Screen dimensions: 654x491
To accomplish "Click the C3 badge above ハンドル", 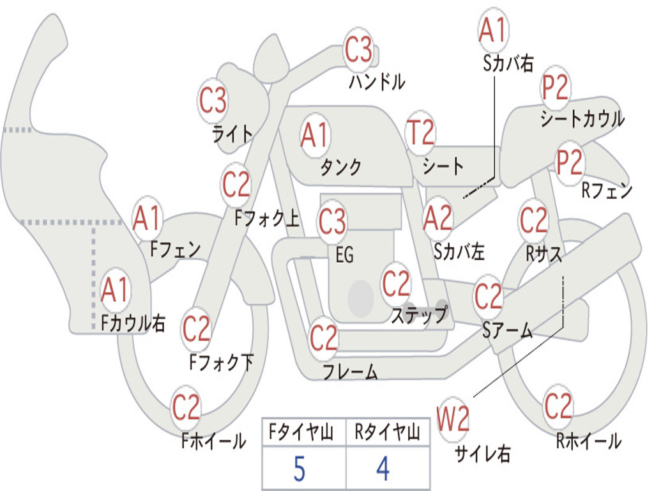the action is [x=358, y=50].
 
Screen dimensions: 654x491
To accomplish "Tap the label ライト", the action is [x=232, y=134].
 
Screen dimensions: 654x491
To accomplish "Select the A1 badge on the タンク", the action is [x=314, y=136].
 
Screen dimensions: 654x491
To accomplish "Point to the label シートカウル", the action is [x=582, y=120].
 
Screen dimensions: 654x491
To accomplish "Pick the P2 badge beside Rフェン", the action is [x=570, y=163].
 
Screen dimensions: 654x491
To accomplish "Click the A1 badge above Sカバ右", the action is [x=492, y=30].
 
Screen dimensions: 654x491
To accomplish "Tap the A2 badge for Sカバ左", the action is [x=438, y=219].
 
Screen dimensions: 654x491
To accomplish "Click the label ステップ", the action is [x=420, y=315].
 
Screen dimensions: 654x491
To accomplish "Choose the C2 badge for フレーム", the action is [x=324, y=338].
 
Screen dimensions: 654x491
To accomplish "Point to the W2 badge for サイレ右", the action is [x=453, y=419].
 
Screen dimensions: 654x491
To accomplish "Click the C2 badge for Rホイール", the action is [x=558, y=407].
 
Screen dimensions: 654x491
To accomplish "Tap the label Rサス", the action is [x=544, y=254].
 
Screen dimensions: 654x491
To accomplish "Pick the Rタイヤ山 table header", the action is [x=387, y=433].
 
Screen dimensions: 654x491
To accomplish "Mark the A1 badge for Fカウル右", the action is [x=116, y=290].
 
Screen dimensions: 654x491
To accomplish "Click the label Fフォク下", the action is [x=222, y=363].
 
